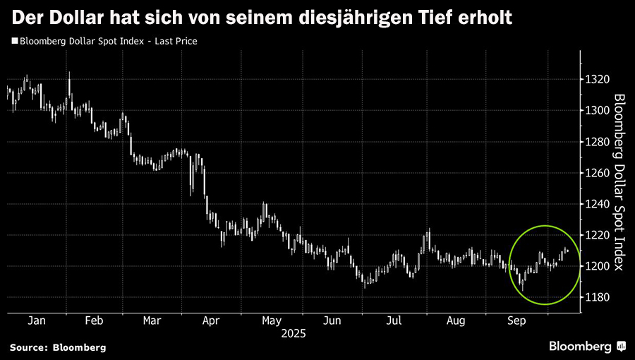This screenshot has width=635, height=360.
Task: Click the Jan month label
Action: tap(37, 320)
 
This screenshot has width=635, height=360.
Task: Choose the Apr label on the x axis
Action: tap(210, 320)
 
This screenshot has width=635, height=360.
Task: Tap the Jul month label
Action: tap(394, 320)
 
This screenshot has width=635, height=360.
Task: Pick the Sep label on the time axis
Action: tap(519, 320)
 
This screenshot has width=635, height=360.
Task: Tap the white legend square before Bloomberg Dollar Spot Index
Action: tap(14, 42)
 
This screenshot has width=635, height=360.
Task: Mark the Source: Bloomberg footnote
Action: tap(58, 347)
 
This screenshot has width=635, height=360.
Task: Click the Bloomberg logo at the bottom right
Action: tap(587, 346)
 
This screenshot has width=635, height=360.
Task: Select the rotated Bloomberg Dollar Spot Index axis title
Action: tap(618, 182)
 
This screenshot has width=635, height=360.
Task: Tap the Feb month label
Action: tap(94, 320)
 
